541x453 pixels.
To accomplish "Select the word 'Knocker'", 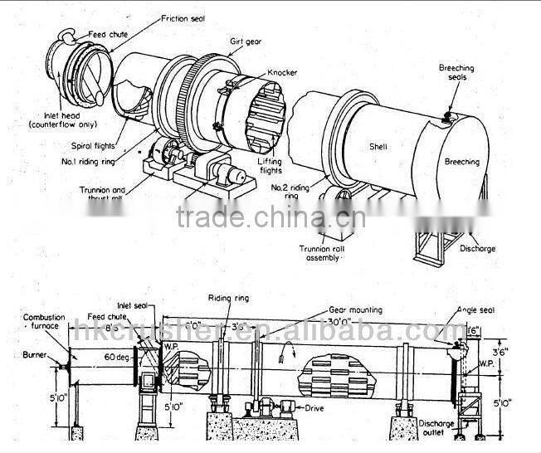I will click(284, 73).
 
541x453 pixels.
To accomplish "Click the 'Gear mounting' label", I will click(353, 306).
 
